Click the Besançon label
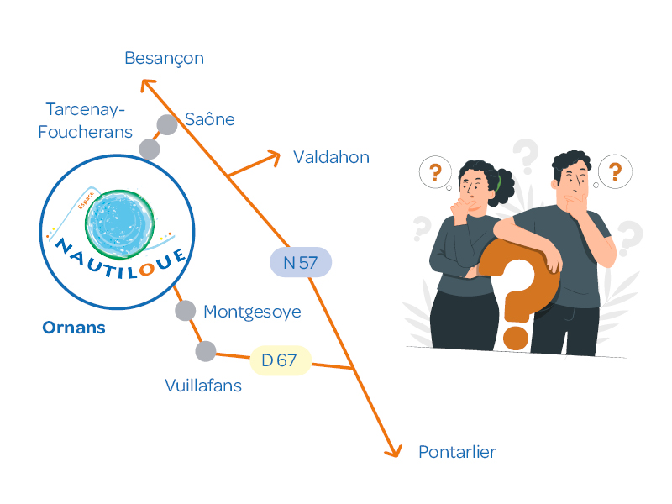coord(164,58)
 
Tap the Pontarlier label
coord(457,452)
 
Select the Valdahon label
coord(331,157)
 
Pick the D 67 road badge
coord(281,360)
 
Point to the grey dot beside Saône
coord(167,124)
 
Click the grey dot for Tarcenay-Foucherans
coord(150,149)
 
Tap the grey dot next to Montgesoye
coord(186,311)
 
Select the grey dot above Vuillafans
coord(205,350)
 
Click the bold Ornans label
coord(74,328)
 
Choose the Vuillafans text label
coord(203,386)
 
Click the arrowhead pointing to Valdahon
coord(274,155)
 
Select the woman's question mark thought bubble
coord(435,173)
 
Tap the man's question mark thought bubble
coord(615,171)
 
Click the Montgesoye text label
coord(252,312)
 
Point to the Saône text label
coord(210,119)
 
